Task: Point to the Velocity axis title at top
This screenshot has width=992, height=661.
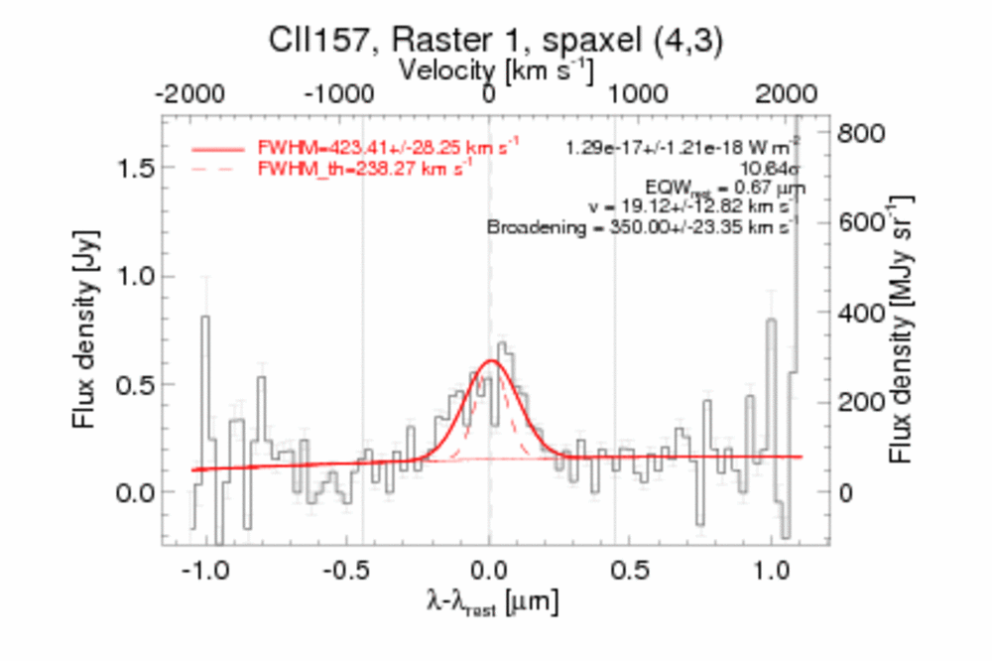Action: pyautogui.click(x=496, y=69)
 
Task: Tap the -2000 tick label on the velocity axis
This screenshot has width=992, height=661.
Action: pyautogui.click(x=189, y=95)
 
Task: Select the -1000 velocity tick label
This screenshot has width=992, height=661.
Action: pyautogui.click(x=339, y=95)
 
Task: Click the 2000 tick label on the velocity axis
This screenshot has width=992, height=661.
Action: pyautogui.click(x=787, y=95)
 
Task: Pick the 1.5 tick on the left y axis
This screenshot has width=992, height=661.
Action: pyautogui.click(x=135, y=168)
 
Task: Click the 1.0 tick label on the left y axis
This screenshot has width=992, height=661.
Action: pyautogui.click(x=135, y=276)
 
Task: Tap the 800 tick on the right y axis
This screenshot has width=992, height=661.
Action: pyautogui.click(x=861, y=133)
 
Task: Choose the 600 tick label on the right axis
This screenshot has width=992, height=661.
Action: pyautogui.click(x=861, y=223)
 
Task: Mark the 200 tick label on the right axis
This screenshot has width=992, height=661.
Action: pyautogui.click(x=861, y=402)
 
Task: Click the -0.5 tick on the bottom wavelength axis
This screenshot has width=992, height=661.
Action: pyautogui.click(x=345, y=571)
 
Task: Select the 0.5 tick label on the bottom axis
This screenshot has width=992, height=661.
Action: pyautogui.click(x=631, y=571)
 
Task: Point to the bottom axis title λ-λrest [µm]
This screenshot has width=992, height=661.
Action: pyautogui.click(x=493, y=602)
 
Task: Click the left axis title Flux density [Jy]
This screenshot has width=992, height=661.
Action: pyautogui.click(x=84, y=330)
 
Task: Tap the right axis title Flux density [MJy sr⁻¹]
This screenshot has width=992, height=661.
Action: pyautogui.click(x=902, y=330)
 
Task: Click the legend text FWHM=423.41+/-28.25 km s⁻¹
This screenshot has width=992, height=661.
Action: pyautogui.click(x=389, y=147)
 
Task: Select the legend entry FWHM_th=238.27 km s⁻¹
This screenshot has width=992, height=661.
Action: pyautogui.click(x=365, y=169)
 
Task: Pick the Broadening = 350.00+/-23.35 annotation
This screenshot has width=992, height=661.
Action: pyautogui.click(x=642, y=226)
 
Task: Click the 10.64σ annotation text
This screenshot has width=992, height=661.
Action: pyautogui.click(x=771, y=169)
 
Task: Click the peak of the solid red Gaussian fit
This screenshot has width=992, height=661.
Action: pyautogui.click(x=492, y=361)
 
